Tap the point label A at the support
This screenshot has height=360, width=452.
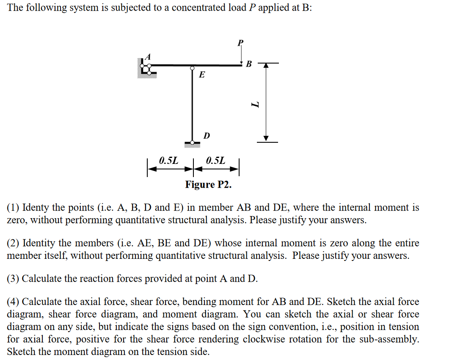(x=148, y=56)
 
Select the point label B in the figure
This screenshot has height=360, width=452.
(x=249, y=64)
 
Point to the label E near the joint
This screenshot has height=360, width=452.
(x=202, y=75)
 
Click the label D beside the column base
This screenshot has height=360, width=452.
(x=206, y=136)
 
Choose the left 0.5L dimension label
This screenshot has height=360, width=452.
(x=169, y=161)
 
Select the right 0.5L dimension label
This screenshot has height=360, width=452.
(x=216, y=161)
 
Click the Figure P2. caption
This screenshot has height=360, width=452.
(x=209, y=185)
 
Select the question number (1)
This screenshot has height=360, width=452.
(x=13, y=208)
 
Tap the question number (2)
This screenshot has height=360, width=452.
(x=13, y=243)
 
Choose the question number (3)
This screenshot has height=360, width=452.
(x=13, y=279)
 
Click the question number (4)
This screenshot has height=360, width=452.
(x=13, y=302)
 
